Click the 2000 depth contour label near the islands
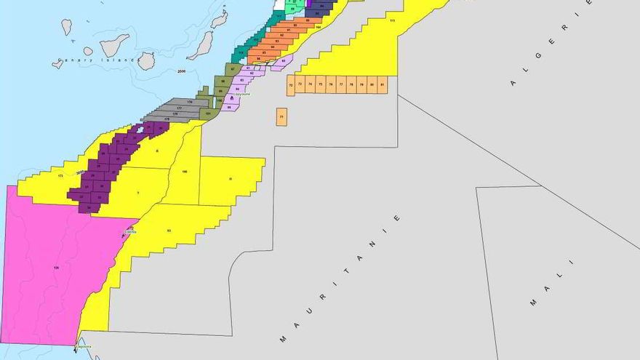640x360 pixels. point(181,71)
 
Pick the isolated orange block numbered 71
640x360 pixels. point(281,116)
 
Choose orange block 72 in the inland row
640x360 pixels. point(291,85)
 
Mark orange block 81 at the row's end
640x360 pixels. point(382,85)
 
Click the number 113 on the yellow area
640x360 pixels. point(392,21)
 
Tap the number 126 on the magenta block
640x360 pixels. point(56,268)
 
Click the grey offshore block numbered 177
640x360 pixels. point(178,108)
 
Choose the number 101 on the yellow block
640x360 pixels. point(168,231)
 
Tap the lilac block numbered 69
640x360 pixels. point(284,60)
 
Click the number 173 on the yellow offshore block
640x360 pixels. point(60,175)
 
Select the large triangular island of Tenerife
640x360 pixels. point(113,46)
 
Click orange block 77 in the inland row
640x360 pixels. point(340,85)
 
